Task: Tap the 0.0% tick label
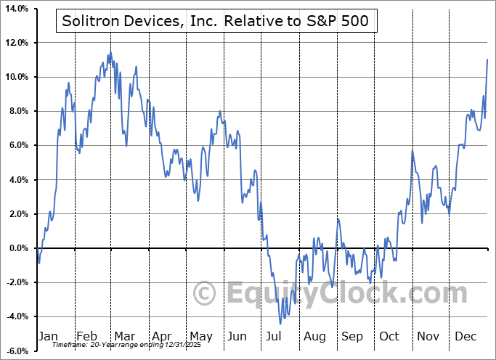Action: [17, 248]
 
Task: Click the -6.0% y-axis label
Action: [16, 351]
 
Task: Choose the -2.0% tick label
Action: [16, 282]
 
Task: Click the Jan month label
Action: [47, 336]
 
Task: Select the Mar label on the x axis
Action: [124, 336]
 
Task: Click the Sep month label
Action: [352, 336]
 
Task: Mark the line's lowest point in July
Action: [280, 324]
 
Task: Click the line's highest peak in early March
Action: [110, 53]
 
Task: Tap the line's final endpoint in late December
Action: [487, 60]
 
